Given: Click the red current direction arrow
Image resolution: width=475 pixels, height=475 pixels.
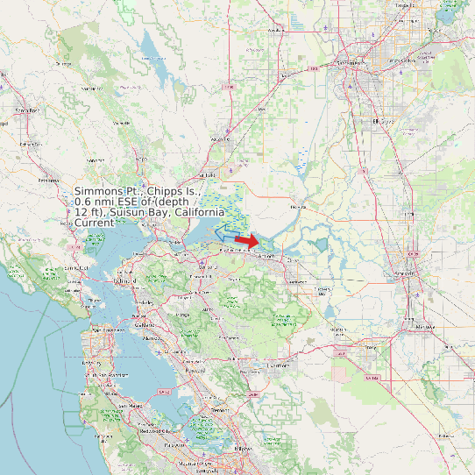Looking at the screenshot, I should (247, 241).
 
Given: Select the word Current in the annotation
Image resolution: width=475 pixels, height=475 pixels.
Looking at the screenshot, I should (94, 223).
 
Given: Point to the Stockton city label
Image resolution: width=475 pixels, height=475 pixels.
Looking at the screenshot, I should (405, 274).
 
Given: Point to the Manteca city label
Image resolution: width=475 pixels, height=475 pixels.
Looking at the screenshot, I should (426, 326).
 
